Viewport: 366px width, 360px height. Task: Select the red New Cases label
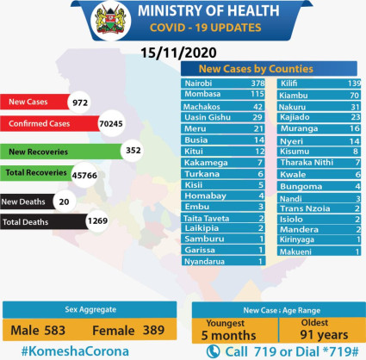29,102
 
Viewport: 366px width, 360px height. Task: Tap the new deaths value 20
62,201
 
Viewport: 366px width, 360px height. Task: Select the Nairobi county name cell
201,83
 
